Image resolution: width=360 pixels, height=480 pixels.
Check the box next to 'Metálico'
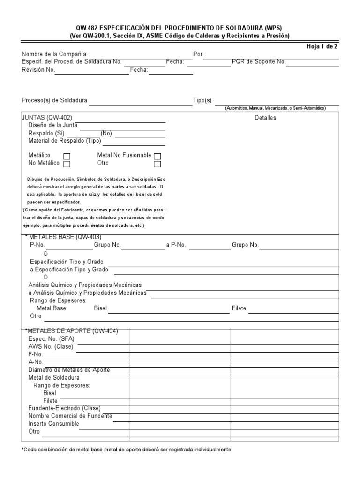pos(67,156)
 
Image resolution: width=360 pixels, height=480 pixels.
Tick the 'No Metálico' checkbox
pos(67,164)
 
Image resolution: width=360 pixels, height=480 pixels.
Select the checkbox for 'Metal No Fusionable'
pos(157,156)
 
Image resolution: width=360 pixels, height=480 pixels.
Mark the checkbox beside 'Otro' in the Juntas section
pos(157,164)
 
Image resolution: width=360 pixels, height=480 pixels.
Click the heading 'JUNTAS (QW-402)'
pos(47,118)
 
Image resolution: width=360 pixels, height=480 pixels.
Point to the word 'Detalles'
pos(265,118)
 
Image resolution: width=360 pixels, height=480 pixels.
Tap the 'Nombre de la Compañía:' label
pos(54,54)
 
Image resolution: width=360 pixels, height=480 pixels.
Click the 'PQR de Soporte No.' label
pos(259,62)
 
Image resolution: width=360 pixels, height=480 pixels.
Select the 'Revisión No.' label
pos(38,70)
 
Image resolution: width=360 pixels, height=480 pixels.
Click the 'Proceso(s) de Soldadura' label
pos(54,101)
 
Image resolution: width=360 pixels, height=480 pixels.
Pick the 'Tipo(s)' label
pos(202,101)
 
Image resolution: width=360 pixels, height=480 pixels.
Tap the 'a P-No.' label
pos(176,245)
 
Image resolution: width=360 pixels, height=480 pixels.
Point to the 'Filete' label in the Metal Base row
pos(239,308)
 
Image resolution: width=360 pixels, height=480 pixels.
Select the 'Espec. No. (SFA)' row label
pos(52,339)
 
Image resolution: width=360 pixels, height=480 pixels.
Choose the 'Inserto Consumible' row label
pos(53,424)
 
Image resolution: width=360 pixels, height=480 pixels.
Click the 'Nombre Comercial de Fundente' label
pos(70,416)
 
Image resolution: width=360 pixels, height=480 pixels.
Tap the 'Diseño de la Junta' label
pos(52,125)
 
